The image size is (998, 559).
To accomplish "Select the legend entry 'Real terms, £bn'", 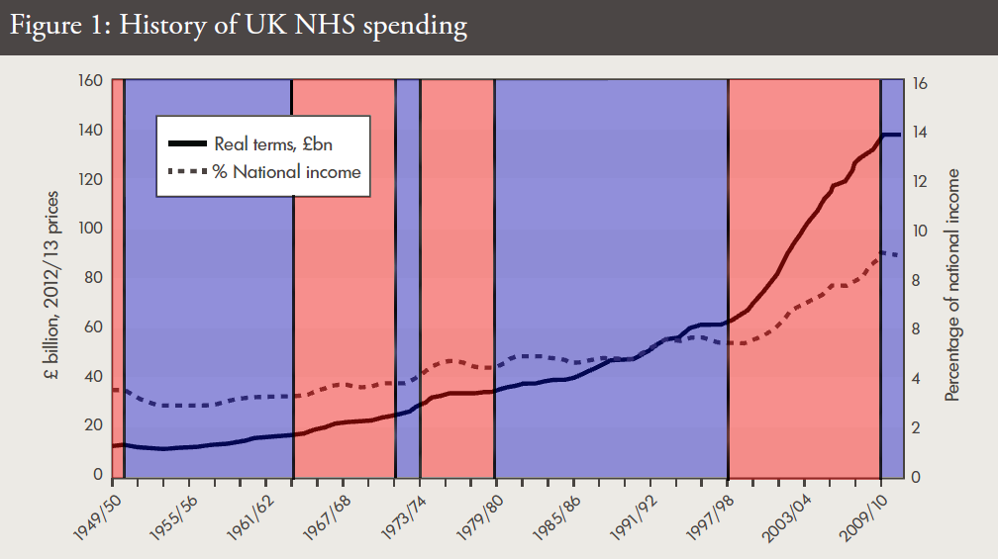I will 272,144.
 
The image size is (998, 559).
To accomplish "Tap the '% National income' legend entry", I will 286,171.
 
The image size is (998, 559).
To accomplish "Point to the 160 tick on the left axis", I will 92,80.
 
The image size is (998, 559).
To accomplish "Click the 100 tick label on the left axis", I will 92,229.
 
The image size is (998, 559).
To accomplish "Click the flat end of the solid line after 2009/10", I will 892,135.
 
